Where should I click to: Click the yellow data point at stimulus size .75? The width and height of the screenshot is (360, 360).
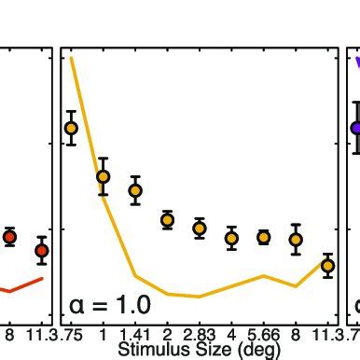pos(71,128)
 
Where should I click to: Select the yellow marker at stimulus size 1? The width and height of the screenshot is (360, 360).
pos(103,176)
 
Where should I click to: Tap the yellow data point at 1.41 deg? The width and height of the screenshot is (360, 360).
pos(135,190)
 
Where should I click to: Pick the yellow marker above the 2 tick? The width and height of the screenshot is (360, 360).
pos(168,220)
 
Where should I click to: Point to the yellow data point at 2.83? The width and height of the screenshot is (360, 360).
pos(200,228)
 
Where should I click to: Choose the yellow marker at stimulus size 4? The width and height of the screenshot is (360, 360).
pos(231,239)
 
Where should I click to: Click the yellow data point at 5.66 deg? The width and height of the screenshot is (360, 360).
pos(264,238)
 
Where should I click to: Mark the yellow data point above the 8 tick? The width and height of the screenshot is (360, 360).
pos(296,240)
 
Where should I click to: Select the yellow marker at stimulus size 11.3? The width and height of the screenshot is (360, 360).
pos(327,266)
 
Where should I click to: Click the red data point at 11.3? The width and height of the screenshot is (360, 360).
pos(41,250)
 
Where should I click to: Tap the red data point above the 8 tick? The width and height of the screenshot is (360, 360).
pos(9,237)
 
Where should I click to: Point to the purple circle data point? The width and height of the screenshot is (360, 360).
pos(356,128)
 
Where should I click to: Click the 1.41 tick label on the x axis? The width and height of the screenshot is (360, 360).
pos(135,335)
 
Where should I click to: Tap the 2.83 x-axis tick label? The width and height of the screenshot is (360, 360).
pos(200,335)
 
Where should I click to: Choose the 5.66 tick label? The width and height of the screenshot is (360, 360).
pos(264,335)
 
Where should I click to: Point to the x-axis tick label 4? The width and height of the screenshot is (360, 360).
pos(231,335)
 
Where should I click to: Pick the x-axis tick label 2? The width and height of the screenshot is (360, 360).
pos(168,335)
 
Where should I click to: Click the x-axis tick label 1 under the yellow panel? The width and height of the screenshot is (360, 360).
pos(103,335)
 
